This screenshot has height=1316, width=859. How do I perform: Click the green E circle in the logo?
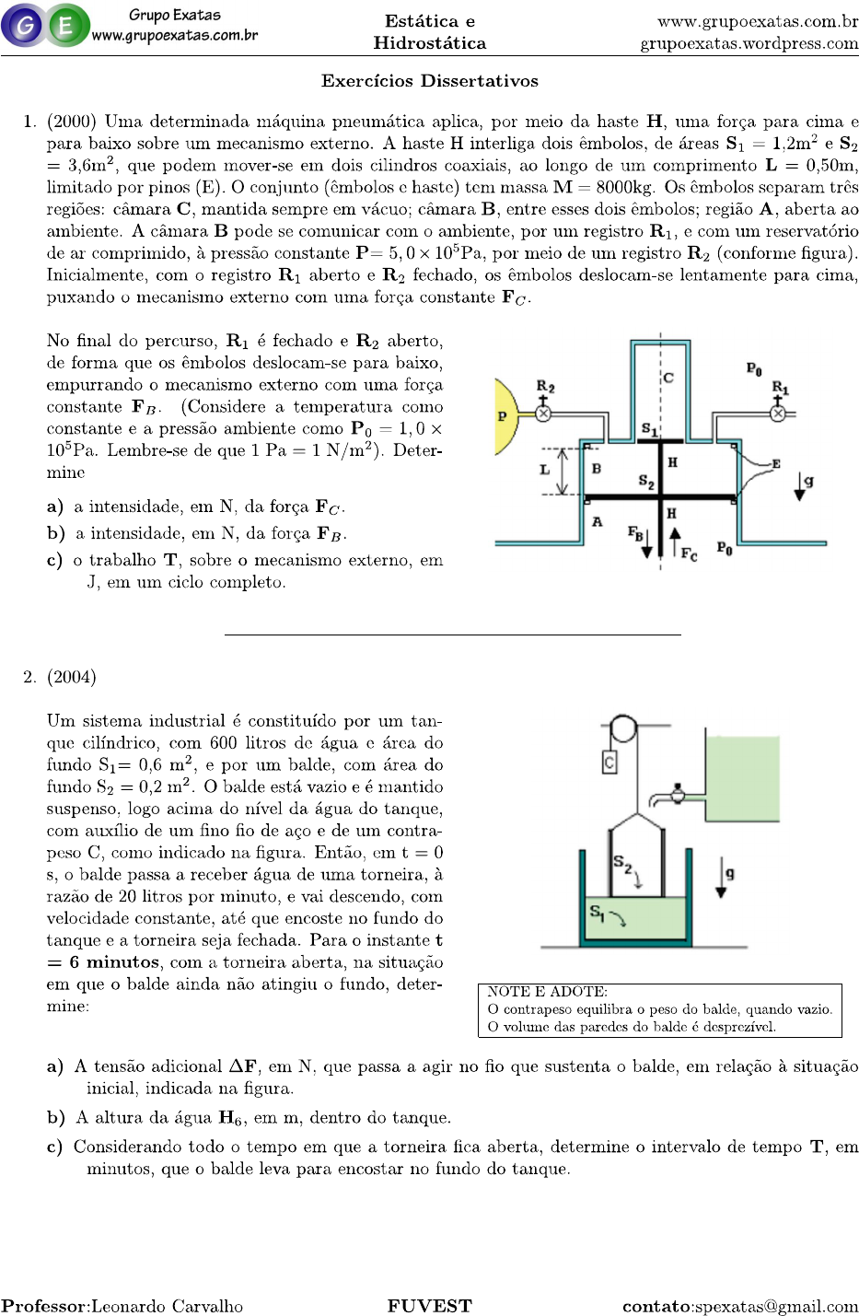(x=66, y=26)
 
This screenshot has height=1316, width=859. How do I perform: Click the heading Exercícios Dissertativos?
(x=429, y=81)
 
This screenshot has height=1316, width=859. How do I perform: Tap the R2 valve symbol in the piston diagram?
(x=543, y=413)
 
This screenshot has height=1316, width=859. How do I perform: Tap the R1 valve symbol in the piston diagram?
(x=778, y=413)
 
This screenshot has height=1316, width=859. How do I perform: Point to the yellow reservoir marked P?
(x=506, y=416)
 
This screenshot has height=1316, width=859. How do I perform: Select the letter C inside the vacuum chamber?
(x=668, y=378)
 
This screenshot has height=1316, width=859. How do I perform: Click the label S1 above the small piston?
(x=649, y=429)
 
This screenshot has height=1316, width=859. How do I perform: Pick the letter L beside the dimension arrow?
(x=544, y=470)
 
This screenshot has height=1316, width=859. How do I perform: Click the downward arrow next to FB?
(x=646, y=544)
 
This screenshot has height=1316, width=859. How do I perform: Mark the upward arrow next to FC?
(x=675, y=543)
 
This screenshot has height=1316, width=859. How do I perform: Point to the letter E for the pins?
(x=776, y=464)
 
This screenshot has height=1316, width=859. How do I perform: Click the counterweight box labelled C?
(x=609, y=762)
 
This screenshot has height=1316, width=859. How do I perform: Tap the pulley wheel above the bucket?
(x=623, y=729)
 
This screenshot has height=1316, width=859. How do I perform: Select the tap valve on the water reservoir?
(x=679, y=793)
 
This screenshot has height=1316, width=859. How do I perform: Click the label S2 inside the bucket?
(x=622, y=864)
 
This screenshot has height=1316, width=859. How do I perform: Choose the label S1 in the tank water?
(x=597, y=912)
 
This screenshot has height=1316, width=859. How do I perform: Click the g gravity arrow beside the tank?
(x=722, y=879)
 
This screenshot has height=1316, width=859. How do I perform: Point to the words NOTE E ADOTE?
(x=547, y=992)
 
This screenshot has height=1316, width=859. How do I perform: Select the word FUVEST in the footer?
(x=429, y=1306)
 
